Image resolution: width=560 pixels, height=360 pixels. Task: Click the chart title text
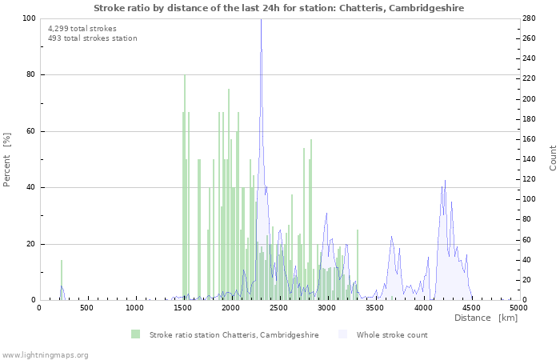(278, 8)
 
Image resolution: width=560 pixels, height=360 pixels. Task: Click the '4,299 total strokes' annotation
(82, 29)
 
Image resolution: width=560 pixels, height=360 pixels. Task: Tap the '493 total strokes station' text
(92, 38)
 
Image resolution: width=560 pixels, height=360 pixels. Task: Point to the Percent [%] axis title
(8, 159)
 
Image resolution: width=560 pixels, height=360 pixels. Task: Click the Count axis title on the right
(553, 158)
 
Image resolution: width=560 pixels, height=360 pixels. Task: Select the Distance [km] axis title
(486, 318)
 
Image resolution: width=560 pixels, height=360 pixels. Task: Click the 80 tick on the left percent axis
(30, 75)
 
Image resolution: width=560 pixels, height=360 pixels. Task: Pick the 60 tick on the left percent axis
(30, 131)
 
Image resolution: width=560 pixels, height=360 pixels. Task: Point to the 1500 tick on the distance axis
(183, 308)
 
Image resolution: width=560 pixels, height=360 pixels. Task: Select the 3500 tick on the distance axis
(374, 308)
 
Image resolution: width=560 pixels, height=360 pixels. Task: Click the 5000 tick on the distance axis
(518, 308)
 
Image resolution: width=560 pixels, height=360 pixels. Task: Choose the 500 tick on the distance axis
(87, 308)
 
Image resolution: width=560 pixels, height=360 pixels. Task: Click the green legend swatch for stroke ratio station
(136, 334)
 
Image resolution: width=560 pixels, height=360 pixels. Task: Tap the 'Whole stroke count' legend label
(392, 335)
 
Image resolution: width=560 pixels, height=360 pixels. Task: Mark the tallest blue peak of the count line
(261, 21)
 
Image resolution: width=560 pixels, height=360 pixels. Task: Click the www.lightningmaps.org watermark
(46, 354)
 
